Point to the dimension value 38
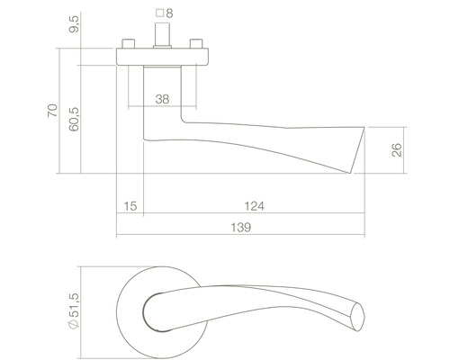pos(162,98)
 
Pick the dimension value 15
pos(130,206)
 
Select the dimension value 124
pos(256,206)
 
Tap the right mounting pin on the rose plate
pos(196,44)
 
